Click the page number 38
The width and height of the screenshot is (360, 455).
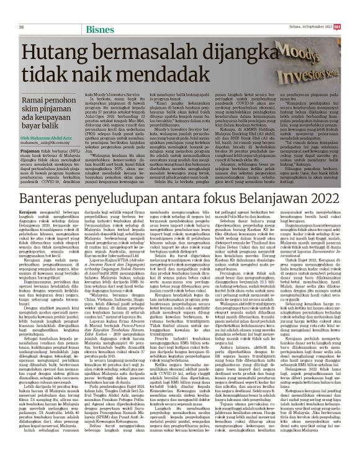click(x=22, y=10)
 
